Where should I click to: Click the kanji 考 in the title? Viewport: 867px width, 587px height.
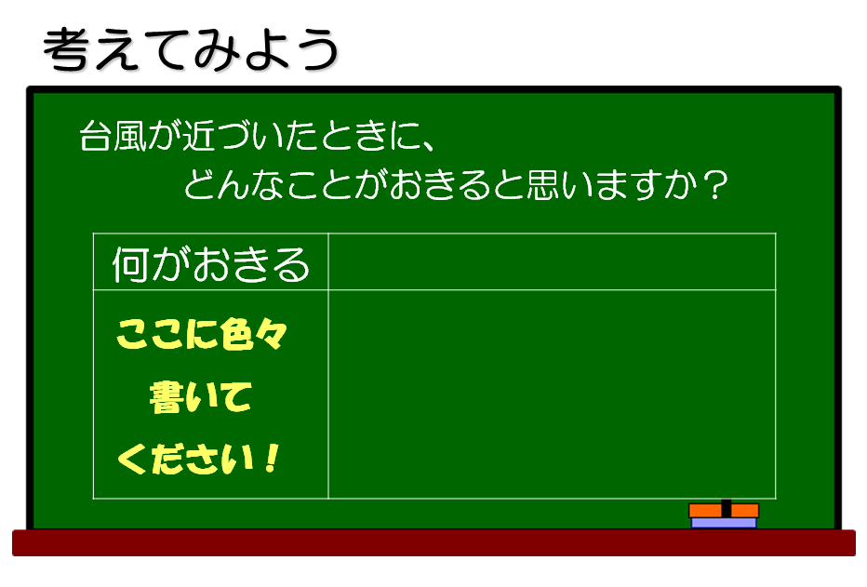65,49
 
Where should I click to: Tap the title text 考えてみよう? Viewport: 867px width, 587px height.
191,49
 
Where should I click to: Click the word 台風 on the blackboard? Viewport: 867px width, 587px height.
113,136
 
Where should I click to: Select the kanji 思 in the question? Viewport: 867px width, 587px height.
543,184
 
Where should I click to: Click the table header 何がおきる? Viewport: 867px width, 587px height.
210,264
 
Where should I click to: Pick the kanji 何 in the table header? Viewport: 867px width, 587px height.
131,264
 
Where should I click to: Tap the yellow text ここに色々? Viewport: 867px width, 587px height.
202,334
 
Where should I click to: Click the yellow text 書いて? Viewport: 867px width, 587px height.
201,397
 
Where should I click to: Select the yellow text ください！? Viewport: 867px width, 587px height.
199,459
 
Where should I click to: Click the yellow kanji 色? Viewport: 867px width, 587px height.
236,334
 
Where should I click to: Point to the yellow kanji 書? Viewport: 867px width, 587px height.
166,397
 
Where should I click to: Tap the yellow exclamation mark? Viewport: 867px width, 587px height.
272,459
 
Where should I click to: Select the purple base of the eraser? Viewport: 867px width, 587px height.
724,523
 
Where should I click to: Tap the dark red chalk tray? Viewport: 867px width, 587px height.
433,542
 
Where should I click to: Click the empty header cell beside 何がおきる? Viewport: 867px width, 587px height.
552,261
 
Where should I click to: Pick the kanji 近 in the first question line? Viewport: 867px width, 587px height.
198,136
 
